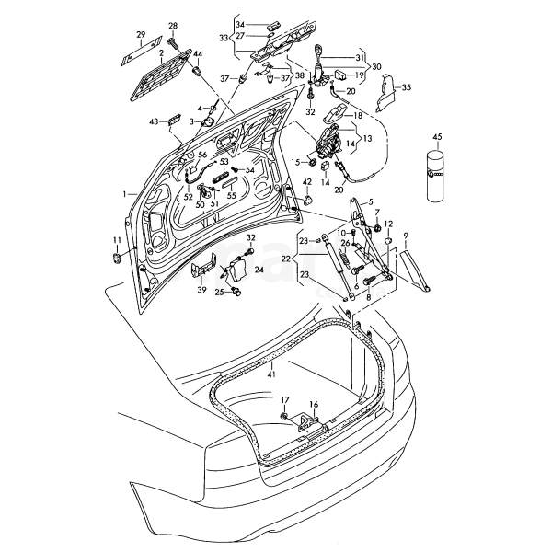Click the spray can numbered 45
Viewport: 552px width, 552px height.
(x=437, y=176)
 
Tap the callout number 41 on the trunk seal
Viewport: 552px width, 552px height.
(x=271, y=374)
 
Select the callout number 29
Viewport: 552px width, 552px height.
(x=141, y=34)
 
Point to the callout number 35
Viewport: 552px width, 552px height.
(x=407, y=87)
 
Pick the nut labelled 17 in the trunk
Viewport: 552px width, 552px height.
(x=283, y=417)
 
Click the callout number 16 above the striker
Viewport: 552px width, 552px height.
(x=314, y=404)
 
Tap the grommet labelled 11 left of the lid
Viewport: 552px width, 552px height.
(x=117, y=258)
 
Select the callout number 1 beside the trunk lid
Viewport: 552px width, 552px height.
(x=124, y=193)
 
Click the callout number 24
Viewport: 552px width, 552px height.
(x=259, y=270)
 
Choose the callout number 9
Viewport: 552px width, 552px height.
(x=406, y=234)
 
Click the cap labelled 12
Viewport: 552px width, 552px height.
(x=387, y=241)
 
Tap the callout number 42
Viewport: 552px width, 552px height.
(x=307, y=181)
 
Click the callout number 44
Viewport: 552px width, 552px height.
(x=198, y=54)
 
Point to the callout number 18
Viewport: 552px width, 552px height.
(x=358, y=115)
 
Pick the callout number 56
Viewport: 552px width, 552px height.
(x=202, y=155)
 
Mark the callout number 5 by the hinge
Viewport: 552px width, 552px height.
(x=370, y=201)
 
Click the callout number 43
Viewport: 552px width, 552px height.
(x=154, y=121)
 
